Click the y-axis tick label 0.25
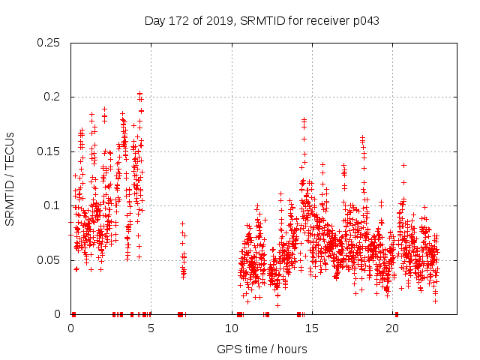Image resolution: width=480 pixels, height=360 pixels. pos(49,43)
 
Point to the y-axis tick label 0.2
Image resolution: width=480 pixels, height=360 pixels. pos(52,97)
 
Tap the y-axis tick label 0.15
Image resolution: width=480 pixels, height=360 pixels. pos(49,151)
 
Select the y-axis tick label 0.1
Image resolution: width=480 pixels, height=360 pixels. pos(52,205)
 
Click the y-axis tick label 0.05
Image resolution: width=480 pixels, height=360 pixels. pos(49,260)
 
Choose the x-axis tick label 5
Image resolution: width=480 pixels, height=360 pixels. pos(151,328)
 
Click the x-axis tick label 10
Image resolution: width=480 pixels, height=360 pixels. pos(231,328)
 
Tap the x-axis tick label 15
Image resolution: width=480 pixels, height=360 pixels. pos(312,328)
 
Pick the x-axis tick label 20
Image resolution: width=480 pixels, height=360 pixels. pos(392,328)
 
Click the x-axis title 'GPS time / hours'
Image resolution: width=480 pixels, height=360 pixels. pos(262,349)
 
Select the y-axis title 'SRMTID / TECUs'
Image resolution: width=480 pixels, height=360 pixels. pos(10,178)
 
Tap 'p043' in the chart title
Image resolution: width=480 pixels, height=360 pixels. pos(366,21)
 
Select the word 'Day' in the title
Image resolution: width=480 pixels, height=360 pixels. pos(154,21)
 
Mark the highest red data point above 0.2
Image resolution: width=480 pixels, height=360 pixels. pos(139,94)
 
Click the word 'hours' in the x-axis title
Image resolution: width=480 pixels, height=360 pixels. pos(290,349)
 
